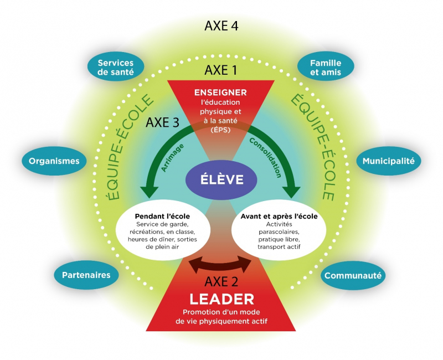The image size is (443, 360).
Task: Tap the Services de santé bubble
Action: [115, 68]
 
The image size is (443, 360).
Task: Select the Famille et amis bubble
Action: [326, 68]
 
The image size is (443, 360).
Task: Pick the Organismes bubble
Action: [54, 161]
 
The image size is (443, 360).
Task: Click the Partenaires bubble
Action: [86, 274]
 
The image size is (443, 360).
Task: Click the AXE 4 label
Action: [221, 26]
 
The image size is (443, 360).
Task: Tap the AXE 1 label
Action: [221, 70]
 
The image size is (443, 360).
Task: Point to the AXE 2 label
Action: [221, 280]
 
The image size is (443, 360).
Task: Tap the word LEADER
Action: [221, 299]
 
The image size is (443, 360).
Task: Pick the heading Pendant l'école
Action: [163, 215]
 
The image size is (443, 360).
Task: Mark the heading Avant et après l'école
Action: [279, 215]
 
